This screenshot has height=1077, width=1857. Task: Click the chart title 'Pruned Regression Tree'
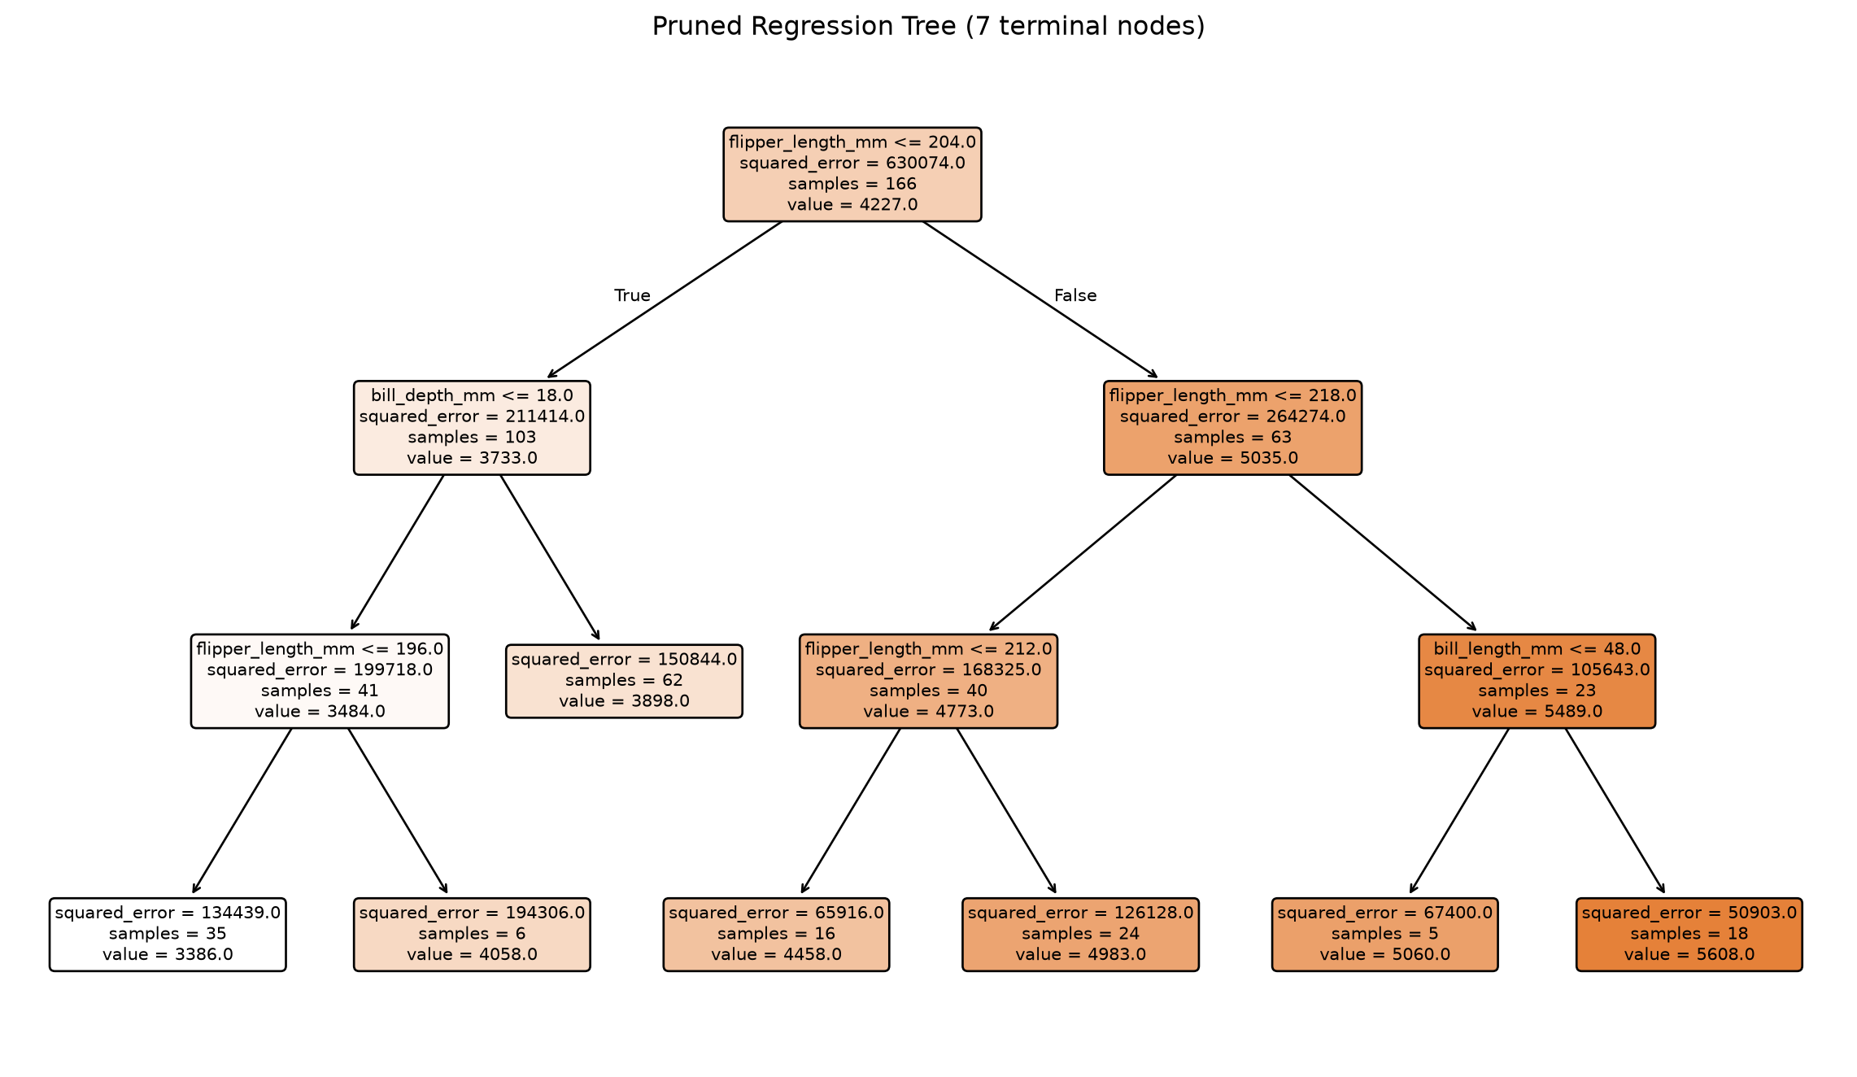pyautogui.click(x=804, y=27)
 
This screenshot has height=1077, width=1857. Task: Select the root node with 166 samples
pyautogui.click(x=852, y=174)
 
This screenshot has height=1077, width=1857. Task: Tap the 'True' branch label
pyautogui.click(x=632, y=295)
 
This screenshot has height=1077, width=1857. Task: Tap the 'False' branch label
pyautogui.click(x=1075, y=295)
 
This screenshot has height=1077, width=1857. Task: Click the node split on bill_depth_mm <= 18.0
pyautogui.click(x=472, y=428)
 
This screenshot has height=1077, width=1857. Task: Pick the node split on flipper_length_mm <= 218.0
pyautogui.click(x=1232, y=428)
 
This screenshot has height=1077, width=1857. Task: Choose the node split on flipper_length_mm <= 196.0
pyautogui.click(x=320, y=681)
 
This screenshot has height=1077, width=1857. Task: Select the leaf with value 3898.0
pyautogui.click(x=624, y=681)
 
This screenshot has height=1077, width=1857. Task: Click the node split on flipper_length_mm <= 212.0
pyautogui.click(x=928, y=681)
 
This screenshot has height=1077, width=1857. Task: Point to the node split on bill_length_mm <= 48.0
pyautogui.click(x=1537, y=681)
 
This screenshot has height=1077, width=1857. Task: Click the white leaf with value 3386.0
pyautogui.click(x=168, y=935)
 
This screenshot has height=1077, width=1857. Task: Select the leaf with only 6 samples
pyautogui.click(x=472, y=935)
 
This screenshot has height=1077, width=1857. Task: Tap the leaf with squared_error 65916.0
pyautogui.click(x=776, y=935)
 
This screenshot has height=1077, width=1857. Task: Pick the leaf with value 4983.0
pyautogui.click(x=1080, y=935)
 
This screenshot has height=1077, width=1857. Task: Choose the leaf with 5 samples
pyautogui.click(x=1384, y=935)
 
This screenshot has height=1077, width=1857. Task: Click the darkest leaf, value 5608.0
pyautogui.click(x=1689, y=935)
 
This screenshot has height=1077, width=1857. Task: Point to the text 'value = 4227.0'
pyautogui.click(x=852, y=205)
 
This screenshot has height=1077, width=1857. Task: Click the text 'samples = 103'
pyautogui.click(x=472, y=438)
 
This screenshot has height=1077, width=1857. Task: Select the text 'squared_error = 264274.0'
pyautogui.click(x=1232, y=416)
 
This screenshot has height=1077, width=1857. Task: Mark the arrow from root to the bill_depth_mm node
pyautogui.click(x=665, y=299)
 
